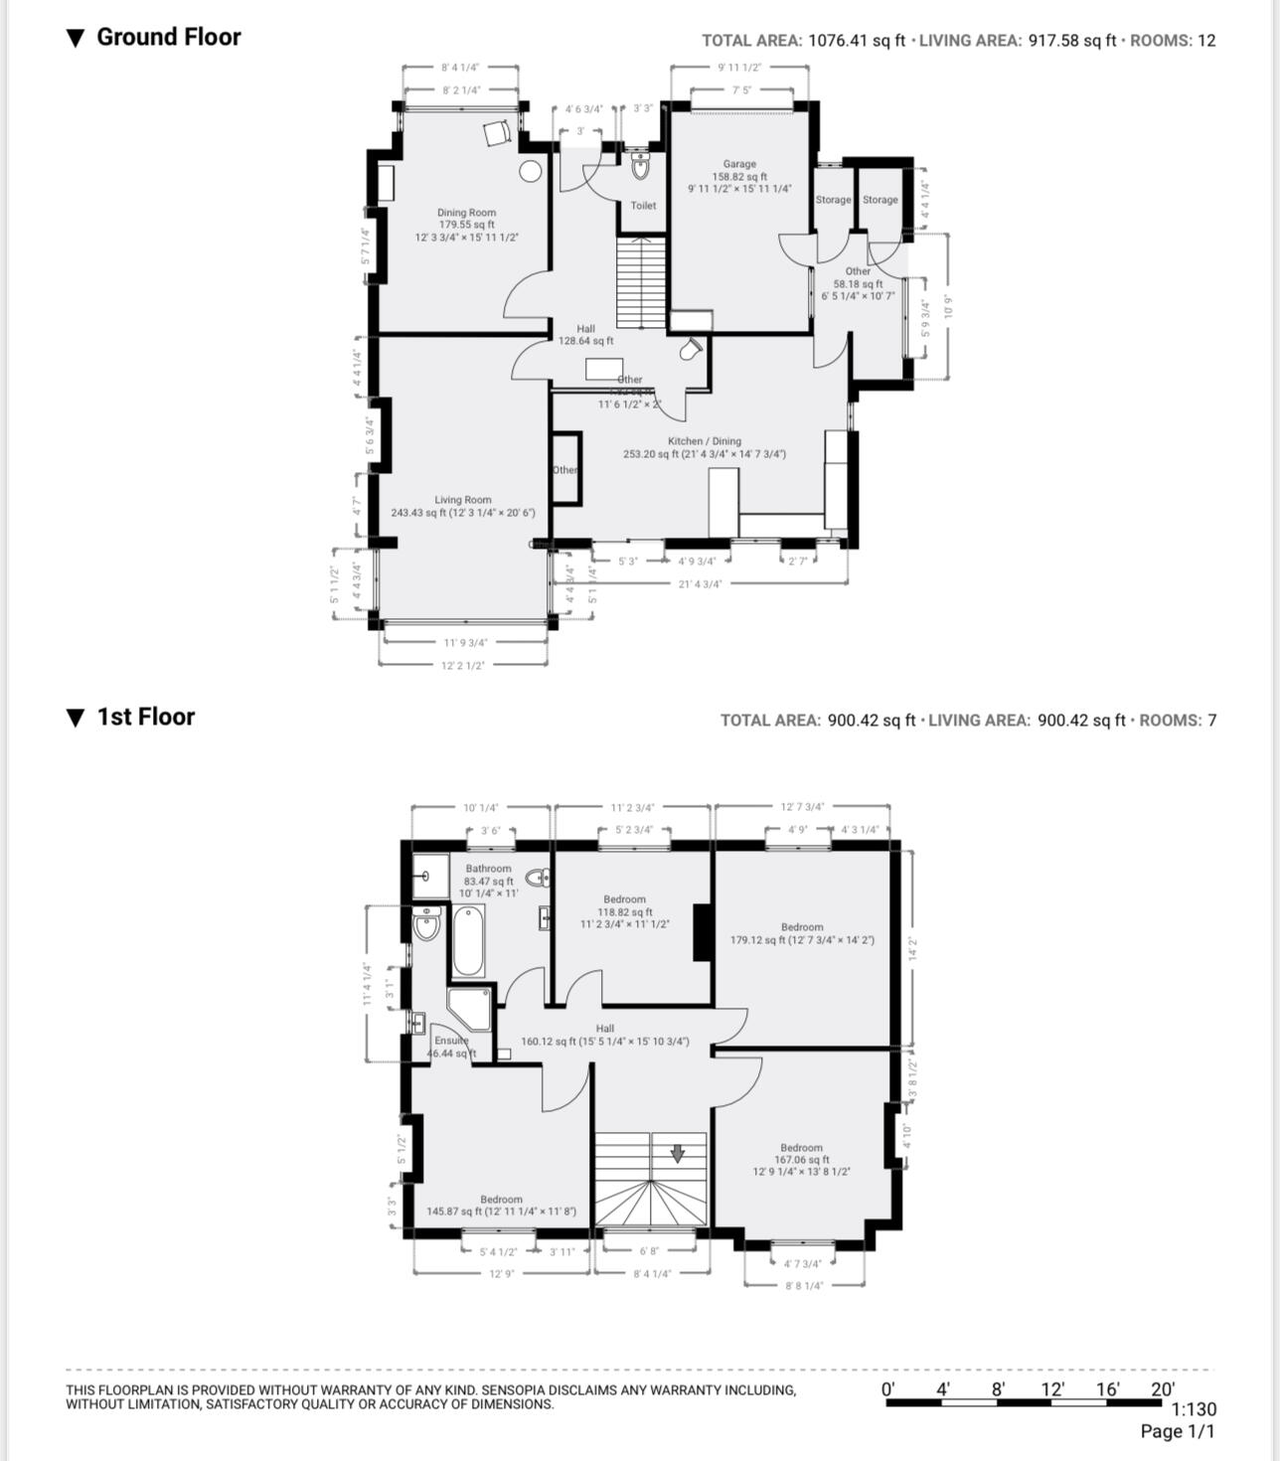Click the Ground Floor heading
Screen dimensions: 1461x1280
[168, 37]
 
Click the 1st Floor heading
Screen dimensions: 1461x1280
[145, 717]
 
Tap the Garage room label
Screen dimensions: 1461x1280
[739, 164]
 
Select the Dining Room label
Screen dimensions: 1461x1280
[466, 213]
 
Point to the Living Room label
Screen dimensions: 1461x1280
[463, 500]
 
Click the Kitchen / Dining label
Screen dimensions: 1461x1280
[704, 441]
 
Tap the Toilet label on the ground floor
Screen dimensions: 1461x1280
[643, 206]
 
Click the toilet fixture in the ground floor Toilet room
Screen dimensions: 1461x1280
[640, 166]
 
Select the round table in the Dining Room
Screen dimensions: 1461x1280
[531, 171]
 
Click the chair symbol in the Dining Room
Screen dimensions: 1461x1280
[497, 133]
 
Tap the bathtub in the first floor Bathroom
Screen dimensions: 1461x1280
[468, 944]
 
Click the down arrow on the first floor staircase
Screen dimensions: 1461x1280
[678, 1153]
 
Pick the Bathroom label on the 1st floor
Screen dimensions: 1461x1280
[488, 868]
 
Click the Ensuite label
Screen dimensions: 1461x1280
[450, 1041]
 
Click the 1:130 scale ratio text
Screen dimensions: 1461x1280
[1194, 1409]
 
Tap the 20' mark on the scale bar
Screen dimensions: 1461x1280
[1162, 1389]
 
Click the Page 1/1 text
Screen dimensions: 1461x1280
[1178, 1431]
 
